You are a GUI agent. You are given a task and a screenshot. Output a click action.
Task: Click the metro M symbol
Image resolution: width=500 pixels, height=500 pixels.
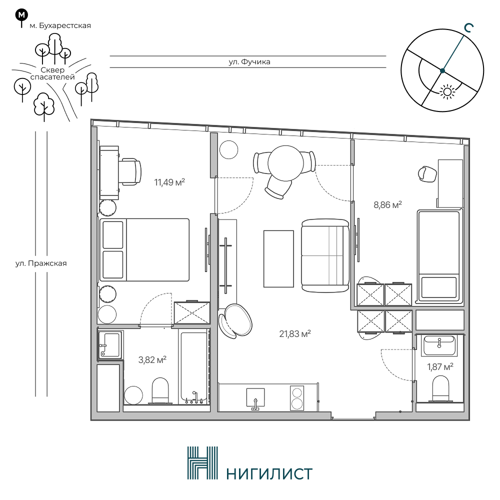pos(21,15)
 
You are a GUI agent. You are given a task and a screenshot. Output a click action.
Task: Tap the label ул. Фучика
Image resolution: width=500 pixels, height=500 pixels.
pos(249,62)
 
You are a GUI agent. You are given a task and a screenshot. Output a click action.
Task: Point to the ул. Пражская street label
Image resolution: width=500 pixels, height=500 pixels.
pos(41,263)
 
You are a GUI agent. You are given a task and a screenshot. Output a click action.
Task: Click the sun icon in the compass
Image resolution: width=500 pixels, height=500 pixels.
pos(447,92)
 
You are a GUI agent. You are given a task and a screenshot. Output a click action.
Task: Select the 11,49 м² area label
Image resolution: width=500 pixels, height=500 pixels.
pos(169,182)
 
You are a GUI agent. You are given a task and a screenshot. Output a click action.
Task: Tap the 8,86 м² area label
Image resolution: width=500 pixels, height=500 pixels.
pos(387,204)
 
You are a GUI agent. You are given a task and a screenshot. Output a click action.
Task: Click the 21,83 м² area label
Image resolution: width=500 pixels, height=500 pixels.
pos(295,334)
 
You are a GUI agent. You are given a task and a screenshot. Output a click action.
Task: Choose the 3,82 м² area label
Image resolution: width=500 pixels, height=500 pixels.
pos(152,360)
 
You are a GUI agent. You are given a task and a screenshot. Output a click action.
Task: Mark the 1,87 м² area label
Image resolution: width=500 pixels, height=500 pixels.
pos(440,367)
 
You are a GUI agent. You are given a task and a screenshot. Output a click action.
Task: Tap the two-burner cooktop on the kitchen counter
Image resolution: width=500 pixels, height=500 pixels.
pos(297,398)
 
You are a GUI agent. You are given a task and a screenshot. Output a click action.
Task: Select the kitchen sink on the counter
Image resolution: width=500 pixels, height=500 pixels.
pos(255,398)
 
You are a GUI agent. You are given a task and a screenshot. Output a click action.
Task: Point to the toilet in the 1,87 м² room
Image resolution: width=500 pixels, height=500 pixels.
pos(440,388)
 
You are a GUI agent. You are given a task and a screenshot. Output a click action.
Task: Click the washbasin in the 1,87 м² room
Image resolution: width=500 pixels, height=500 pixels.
pos(439,346)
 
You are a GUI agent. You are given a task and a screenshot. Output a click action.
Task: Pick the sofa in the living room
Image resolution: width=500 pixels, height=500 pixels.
pos(325,255)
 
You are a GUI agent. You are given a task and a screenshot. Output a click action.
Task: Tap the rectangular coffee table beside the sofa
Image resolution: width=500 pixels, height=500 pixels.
pos(278,258)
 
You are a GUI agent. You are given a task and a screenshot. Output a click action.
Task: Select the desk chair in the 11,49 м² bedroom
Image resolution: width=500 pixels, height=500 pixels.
pos(130,171)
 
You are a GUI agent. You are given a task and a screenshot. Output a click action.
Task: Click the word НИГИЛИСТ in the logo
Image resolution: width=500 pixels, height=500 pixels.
pos(269,474)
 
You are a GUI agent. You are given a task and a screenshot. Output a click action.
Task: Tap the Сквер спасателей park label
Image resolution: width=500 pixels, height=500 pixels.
pos(52,73)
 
